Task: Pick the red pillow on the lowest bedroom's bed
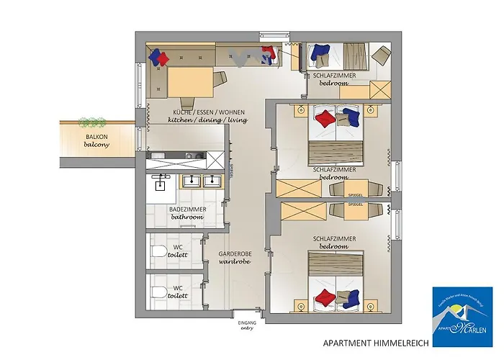tap(325, 296)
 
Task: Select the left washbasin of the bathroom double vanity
tap(193, 181)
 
